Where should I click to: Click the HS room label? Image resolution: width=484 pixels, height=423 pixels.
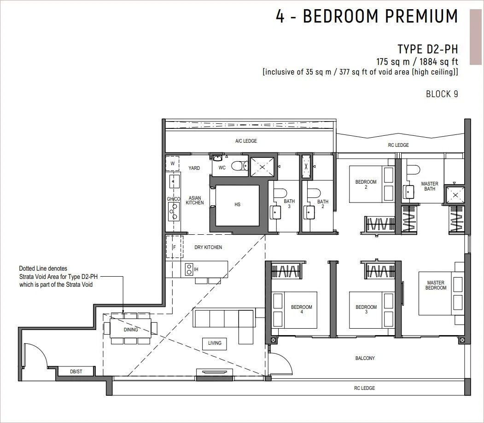[237, 204]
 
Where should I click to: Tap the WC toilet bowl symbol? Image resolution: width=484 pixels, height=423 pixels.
[239, 166]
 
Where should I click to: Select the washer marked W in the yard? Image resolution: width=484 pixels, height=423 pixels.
[173, 163]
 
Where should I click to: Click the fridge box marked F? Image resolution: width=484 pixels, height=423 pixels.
[175, 247]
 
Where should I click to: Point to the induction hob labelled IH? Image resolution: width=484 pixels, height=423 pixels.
[189, 269]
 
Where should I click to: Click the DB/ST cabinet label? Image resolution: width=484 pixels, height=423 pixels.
[76, 371]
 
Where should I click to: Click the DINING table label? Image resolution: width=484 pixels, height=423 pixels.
[131, 330]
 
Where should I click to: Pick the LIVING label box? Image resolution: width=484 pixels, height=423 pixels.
[215, 343]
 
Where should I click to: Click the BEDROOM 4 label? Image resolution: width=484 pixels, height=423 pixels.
[302, 309]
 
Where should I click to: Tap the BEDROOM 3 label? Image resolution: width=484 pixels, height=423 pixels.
[366, 309]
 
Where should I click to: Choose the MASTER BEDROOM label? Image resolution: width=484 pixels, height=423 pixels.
[436, 285]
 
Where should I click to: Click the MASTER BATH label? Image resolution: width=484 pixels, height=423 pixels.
[430, 186]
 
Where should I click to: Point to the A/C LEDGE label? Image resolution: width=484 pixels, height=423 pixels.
[246, 141]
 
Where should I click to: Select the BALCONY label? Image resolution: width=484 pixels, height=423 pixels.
[365, 358]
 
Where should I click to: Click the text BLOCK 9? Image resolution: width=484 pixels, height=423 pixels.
[442, 94]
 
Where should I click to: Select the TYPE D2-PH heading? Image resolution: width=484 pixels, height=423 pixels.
[428, 49]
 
